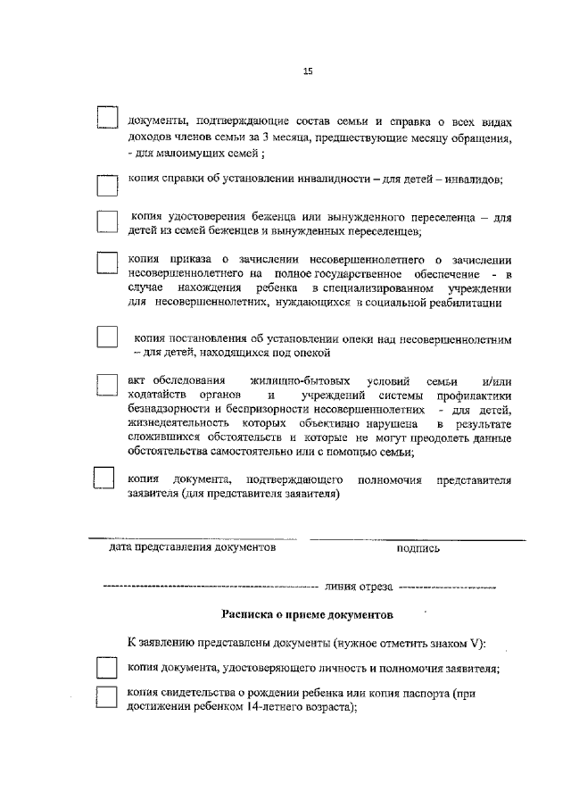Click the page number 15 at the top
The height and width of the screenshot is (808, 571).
pyautogui.click(x=308, y=72)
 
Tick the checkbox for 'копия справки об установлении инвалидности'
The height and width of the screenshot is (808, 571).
pyautogui.click(x=107, y=185)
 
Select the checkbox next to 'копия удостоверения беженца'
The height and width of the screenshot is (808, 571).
pyautogui.click(x=107, y=222)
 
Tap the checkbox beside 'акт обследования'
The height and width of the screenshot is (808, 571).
pyautogui.click(x=107, y=384)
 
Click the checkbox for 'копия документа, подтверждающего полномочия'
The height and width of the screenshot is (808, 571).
pyautogui.click(x=105, y=479)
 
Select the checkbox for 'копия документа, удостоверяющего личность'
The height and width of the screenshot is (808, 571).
pyautogui.click(x=107, y=668)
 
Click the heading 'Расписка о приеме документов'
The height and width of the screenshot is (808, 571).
pyautogui.click(x=307, y=614)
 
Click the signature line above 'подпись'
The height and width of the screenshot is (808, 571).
pyautogui.click(x=417, y=538)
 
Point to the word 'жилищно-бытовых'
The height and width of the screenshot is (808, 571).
pyautogui.click(x=301, y=381)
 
